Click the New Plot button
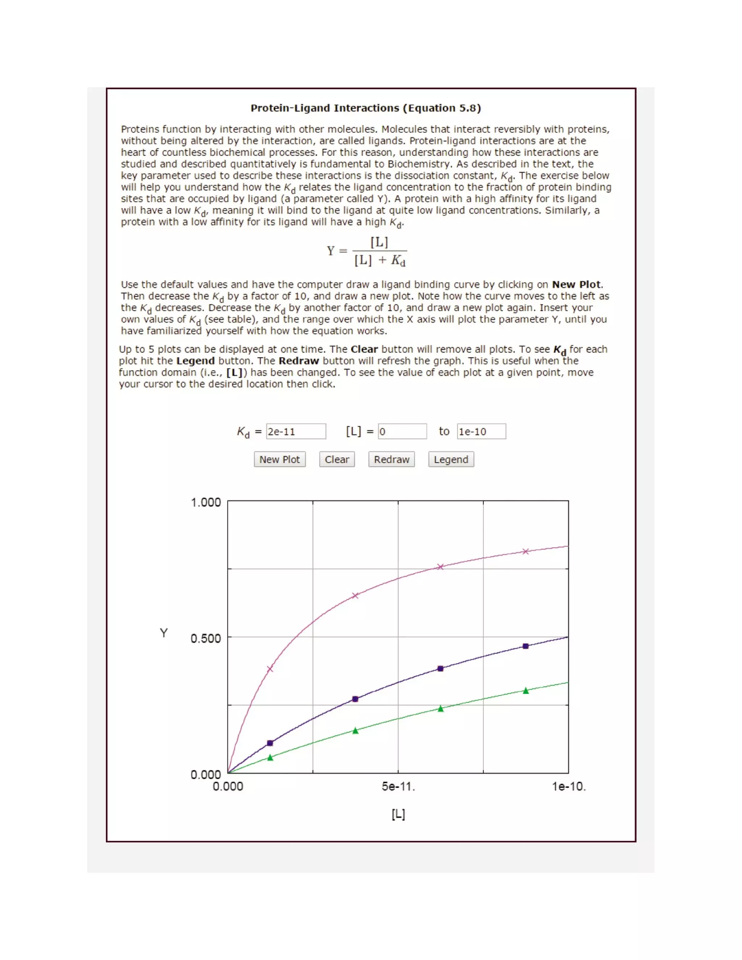coord(280,459)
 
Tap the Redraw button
coord(391,459)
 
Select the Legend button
coord(451,459)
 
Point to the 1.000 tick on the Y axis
coord(206,502)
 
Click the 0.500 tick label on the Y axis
coord(206,638)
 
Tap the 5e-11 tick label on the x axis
coord(398,786)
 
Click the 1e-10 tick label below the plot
coord(568,786)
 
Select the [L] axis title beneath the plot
coord(398,814)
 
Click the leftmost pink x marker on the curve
coord(270,669)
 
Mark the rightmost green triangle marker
coord(526,690)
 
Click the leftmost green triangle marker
coord(270,757)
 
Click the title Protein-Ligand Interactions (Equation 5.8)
coord(366,108)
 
